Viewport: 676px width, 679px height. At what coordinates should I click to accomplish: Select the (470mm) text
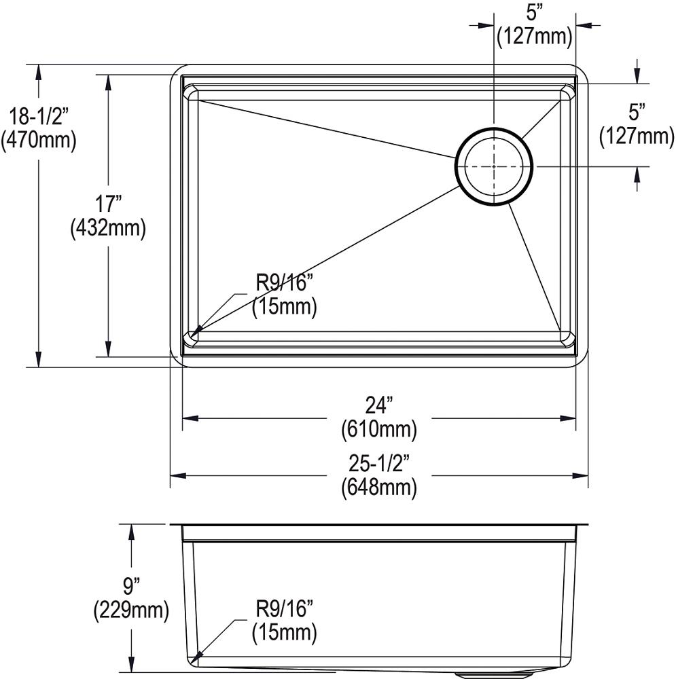(x=38, y=140)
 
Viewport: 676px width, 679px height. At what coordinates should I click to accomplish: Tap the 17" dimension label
(x=108, y=203)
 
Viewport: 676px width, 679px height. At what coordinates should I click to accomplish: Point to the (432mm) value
(x=108, y=228)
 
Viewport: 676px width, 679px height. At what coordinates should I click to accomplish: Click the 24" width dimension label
(x=379, y=405)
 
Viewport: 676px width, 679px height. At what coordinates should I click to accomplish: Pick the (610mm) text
(x=379, y=429)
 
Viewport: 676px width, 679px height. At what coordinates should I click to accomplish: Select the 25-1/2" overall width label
(x=379, y=463)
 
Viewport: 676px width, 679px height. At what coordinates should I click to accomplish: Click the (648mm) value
(x=379, y=487)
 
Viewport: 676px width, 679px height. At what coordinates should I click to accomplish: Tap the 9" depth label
(x=131, y=586)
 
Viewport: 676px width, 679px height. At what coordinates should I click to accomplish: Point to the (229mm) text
(x=131, y=610)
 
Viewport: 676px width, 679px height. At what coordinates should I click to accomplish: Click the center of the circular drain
(x=494, y=166)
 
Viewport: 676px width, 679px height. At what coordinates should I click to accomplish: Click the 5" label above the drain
(x=534, y=12)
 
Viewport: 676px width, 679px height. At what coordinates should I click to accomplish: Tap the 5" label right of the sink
(x=637, y=111)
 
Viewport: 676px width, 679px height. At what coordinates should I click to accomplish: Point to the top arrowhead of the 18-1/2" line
(x=39, y=70)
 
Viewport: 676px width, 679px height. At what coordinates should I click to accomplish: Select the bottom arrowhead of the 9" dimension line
(x=131, y=665)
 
